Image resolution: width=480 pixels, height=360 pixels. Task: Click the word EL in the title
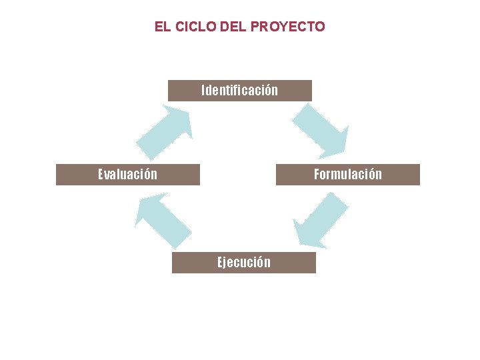[161, 27]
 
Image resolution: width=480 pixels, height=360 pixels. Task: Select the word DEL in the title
[232, 27]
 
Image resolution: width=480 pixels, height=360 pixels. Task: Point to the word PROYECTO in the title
[288, 27]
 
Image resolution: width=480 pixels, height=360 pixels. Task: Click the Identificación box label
[239, 90]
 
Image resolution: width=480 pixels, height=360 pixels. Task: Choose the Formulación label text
[348, 174]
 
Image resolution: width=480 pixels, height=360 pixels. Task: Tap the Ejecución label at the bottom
[244, 262]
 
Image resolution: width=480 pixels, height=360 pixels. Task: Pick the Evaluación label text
[128, 174]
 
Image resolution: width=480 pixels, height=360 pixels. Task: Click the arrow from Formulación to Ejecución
[320, 220]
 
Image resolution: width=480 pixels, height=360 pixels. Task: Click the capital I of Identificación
[203, 90]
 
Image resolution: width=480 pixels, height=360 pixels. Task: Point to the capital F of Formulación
[317, 174]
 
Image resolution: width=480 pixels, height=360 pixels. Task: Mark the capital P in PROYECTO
[255, 27]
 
